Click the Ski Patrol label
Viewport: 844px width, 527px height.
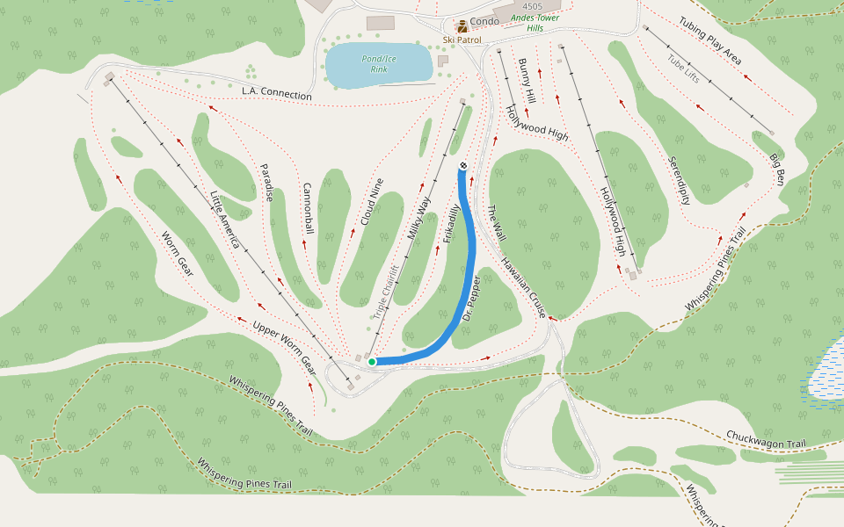(x=462, y=40)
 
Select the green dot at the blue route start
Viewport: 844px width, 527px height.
(x=372, y=361)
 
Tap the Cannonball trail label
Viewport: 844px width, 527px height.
(x=308, y=209)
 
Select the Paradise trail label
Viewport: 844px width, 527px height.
(x=266, y=183)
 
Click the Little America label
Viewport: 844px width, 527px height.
(x=225, y=220)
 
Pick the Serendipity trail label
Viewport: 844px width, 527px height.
(x=679, y=181)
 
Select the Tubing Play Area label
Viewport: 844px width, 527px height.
(x=710, y=40)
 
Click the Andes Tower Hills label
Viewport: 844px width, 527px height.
(x=535, y=22)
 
